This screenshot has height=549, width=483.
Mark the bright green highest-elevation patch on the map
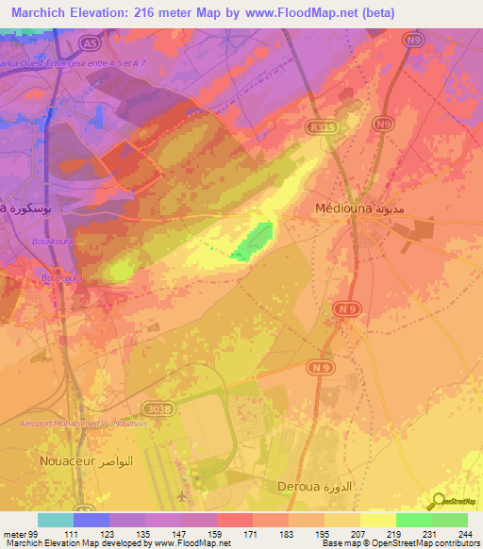[x=256, y=241]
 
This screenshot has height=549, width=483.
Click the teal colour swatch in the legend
[x=56, y=520]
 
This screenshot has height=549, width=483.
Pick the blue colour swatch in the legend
[x=92, y=520]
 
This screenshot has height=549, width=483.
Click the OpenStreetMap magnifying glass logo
[x=438, y=503]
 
